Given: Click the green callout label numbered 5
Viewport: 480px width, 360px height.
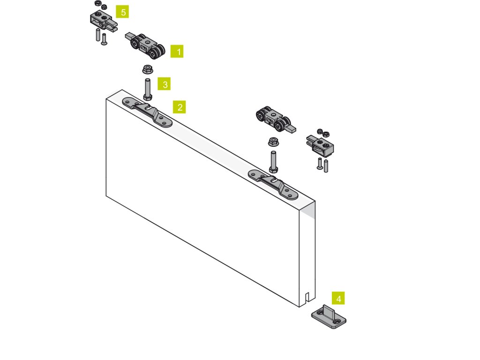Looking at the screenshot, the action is pos(122,12).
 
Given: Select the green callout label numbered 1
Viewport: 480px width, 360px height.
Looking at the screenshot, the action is pos(177,52).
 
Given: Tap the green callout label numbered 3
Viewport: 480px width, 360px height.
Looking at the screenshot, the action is pos(164,83).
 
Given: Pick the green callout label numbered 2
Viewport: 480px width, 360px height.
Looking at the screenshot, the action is pos(180,107).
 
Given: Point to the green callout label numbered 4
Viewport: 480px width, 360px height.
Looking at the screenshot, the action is pos(338,298).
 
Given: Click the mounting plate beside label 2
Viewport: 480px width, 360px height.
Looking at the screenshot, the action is pos(147,112).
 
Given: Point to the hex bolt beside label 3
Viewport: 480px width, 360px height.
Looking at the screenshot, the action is pos(148,90).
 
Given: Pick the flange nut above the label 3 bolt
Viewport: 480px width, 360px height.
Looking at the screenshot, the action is pos(148,69).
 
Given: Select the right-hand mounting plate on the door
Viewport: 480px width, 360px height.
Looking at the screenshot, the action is pos(273,185).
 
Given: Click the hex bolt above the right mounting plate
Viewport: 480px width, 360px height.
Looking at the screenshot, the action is pos(273,162).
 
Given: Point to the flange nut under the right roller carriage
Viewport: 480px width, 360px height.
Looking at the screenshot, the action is pos(273,142).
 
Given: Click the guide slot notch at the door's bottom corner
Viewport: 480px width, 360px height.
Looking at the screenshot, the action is pos(307,297).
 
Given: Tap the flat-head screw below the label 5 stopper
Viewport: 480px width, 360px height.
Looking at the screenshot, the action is pos(104,39).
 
